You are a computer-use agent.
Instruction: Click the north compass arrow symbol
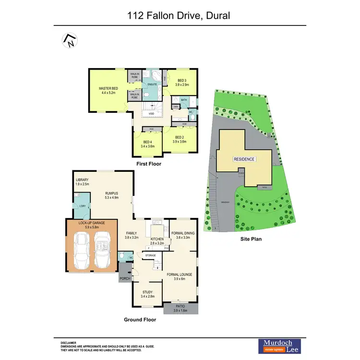pyautogui.click(x=70, y=41)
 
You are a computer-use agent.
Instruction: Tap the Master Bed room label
pyautogui.click(x=108, y=91)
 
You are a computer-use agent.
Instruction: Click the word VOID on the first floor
pyautogui.click(x=151, y=114)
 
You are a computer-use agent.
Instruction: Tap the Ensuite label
pyautogui.click(x=153, y=84)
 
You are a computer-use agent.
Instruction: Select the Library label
pyautogui.click(x=82, y=182)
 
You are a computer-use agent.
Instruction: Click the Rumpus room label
pyautogui.click(x=112, y=195)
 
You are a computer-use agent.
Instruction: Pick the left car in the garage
pyautogui.click(x=82, y=251)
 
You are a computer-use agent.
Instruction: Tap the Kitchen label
pyautogui.click(x=157, y=241)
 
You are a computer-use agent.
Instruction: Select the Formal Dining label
pyautogui.click(x=183, y=235)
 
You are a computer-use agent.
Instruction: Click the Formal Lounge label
pyautogui.click(x=179, y=277)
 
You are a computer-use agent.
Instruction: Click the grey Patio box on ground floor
pyautogui.click(x=181, y=308)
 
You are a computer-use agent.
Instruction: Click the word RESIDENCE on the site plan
pyautogui.click(x=244, y=159)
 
